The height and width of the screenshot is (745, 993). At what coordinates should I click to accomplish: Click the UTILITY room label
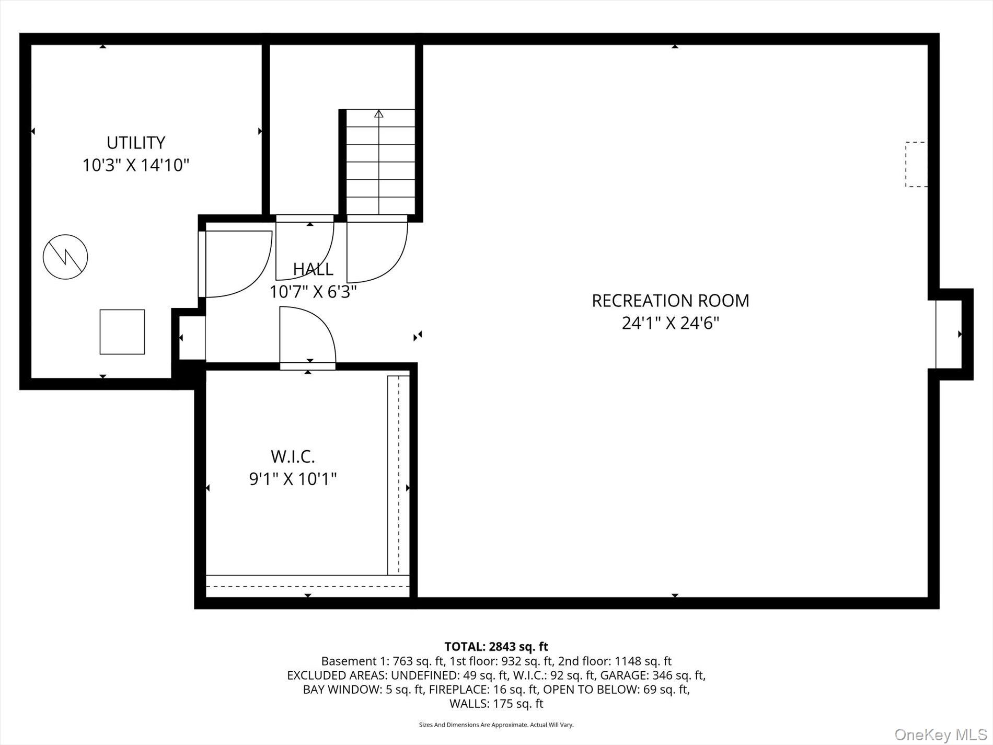136,142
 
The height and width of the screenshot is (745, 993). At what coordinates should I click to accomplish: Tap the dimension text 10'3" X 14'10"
136,165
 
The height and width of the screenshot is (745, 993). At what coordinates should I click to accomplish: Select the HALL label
313,269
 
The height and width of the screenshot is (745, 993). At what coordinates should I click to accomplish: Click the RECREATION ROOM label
671,301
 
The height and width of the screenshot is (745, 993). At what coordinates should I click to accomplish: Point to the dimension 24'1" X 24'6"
671,323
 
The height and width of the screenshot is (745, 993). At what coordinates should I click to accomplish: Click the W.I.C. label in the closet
293,456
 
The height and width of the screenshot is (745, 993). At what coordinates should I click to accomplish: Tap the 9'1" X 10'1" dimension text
293,478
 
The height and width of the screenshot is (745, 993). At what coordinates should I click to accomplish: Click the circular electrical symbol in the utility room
65,257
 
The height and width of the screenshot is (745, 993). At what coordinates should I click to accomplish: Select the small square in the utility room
122,332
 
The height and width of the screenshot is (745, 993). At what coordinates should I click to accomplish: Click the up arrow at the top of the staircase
379,113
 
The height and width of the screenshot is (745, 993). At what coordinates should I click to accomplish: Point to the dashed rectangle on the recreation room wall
916,164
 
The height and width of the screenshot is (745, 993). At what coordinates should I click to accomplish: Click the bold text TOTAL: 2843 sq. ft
496,647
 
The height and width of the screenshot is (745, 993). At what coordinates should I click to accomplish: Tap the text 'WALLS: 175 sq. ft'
496,704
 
